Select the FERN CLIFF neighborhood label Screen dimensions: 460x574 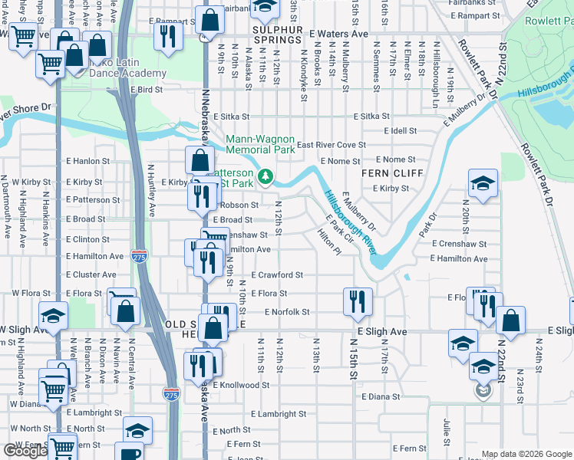coord(393,173)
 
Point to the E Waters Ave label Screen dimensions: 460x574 coord(338,34)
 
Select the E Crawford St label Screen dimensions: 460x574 coord(277,275)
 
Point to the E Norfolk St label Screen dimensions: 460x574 coord(286,312)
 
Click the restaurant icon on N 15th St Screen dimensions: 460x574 coord(357,301)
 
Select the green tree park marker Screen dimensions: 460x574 coord(266,177)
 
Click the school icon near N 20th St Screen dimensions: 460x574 coord(483,182)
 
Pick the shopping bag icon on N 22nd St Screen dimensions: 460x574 coord(510,320)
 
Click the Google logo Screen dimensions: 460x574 coord(25,451)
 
